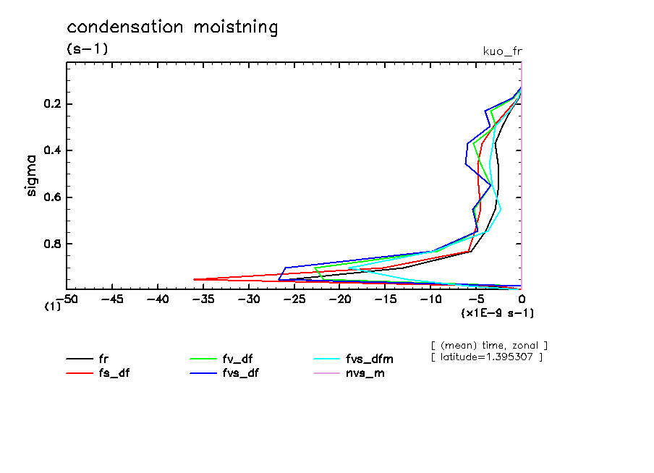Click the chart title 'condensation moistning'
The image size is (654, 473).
tap(172, 27)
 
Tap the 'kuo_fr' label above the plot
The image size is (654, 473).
tap(501, 51)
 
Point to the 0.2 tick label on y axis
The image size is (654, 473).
tap(53, 104)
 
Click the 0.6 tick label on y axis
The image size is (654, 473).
tap(53, 197)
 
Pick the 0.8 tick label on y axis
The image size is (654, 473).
tap(53, 244)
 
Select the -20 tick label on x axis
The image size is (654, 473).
tap(339, 299)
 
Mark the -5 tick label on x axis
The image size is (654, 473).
tap(476, 299)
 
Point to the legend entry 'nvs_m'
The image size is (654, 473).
tap(363, 373)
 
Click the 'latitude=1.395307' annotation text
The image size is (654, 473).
tap(488, 357)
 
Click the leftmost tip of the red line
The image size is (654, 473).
tap(194, 279)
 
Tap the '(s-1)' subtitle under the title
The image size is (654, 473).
tap(87, 49)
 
